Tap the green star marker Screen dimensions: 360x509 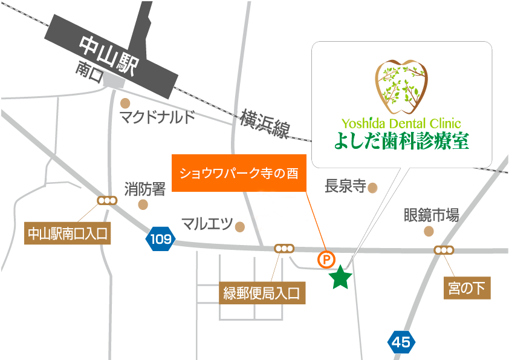coord(340,278)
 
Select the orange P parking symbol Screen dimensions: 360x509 coord(326,260)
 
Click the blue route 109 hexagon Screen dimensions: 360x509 coord(161,239)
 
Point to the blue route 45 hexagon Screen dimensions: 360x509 coord(401,342)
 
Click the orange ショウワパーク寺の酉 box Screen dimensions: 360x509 coord(239,174)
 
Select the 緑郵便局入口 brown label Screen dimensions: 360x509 coord(262,294)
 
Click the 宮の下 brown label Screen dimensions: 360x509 coord(466,289)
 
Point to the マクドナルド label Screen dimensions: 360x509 coord(157,117)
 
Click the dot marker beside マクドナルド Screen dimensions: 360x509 coord(126,103)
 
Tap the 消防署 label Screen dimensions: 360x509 coord(145,189)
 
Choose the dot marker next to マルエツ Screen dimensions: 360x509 coord(240,227)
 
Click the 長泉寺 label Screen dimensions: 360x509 coord(345,186)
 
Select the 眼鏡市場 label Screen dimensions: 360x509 coord(431,215)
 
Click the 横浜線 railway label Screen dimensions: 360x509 coord(264,124)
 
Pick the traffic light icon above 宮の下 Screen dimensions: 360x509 coord(444,250)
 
